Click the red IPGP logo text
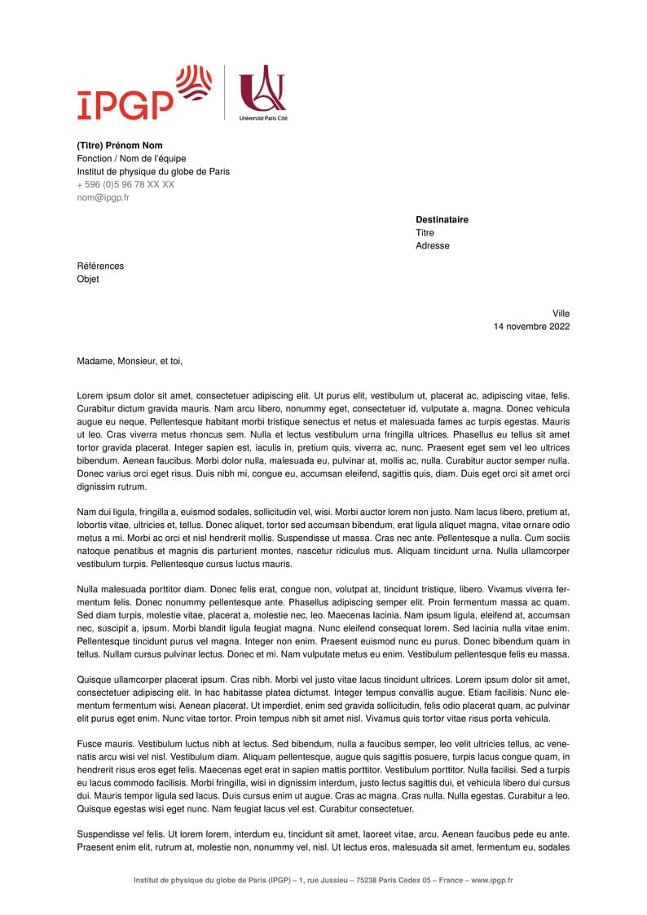(x=125, y=103)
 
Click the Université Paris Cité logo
(x=262, y=94)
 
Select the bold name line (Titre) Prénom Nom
(x=120, y=146)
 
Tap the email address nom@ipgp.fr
(x=103, y=198)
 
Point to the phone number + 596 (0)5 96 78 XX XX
(x=125, y=185)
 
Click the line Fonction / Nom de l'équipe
(x=131, y=159)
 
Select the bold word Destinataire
(x=442, y=220)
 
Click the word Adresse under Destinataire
(x=432, y=246)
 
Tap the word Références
(x=100, y=266)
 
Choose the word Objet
(x=88, y=279)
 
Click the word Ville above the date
(x=561, y=314)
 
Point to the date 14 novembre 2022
(x=531, y=327)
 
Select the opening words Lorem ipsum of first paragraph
(x=103, y=395)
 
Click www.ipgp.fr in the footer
(x=491, y=880)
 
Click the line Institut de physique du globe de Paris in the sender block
(x=153, y=172)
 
